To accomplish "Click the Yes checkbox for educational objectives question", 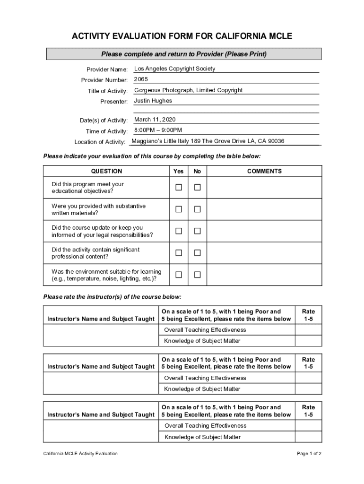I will [x=179, y=188].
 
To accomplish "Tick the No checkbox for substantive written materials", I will [x=197, y=209].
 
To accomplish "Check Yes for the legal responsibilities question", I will [x=179, y=231].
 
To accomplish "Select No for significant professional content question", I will [x=197, y=253].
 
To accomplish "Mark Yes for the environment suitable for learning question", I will [x=179, y=275].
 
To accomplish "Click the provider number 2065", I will [x=141, y=79].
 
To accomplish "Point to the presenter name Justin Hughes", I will [x=153, y=101].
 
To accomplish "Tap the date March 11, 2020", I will [x=155, y=120].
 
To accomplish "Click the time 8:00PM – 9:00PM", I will [x=158, y=130].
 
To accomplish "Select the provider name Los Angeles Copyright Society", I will [x=174, y=69].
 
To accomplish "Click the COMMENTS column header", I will [x=264, y=171].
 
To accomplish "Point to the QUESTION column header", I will [x=106, y=171].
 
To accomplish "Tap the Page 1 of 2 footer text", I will [x=309, y=454].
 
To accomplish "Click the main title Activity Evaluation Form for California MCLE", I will [x=182, y=36].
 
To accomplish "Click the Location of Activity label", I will [x=100, y=142].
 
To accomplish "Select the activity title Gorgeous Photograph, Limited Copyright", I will [x=188, y=90].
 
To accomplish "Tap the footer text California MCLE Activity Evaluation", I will [x=80, y=454].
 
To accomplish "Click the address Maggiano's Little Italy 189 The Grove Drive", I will [x=208, y=141].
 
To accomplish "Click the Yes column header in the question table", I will [x=179, y=171].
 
